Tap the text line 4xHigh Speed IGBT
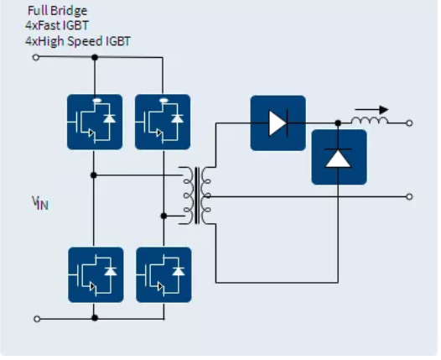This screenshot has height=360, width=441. tap(78, 40)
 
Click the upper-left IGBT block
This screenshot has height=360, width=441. tap(95, 122)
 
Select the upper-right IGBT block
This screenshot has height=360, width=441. tap(163, 122)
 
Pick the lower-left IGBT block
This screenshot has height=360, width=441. tap(95, 274)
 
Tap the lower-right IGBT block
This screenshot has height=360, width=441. tap(163, 274)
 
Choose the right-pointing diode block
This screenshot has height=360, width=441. tap(278, 123)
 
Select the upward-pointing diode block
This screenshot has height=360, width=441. tap(339, 157)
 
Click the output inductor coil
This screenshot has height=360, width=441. tap(370, 122)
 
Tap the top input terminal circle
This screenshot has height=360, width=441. tap(35, 57)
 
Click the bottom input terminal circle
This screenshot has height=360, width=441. tap(35, 318)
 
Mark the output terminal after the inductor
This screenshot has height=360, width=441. tap(409, 123)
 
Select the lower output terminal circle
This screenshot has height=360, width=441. tap(409, 196)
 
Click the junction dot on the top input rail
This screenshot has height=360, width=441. tap(95, 57)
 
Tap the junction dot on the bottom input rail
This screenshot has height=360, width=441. tap(95, 318)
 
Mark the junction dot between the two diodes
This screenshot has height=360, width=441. tap(339, 123)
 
